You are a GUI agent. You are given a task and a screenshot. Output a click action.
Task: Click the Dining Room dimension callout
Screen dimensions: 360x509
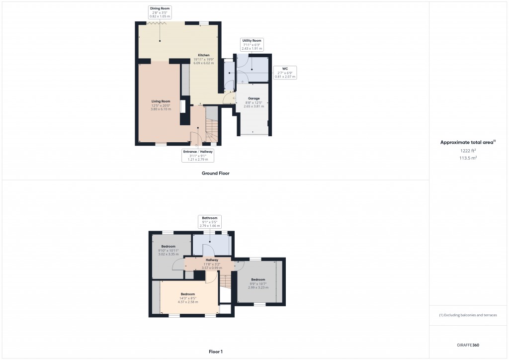[160, 12]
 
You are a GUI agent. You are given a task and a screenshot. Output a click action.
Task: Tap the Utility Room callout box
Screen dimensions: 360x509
[252, 44]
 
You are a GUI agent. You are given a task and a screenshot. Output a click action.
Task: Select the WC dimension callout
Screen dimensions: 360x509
[285, 72]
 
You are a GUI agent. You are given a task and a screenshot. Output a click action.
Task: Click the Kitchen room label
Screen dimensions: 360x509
[204, 59]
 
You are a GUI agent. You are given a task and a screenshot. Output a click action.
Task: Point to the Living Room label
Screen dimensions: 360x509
[161, 105]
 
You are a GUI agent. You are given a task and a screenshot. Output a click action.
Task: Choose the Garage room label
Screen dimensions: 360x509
[254, 102]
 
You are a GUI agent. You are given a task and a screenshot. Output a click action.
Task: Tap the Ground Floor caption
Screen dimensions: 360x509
[215, 174]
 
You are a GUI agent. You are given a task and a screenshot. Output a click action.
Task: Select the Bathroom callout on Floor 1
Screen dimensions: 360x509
[210, 222]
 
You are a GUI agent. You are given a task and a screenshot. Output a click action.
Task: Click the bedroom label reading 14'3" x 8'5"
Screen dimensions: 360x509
[188, 298]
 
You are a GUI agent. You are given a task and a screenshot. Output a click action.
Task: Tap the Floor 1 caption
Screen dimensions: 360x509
[215, 352]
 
